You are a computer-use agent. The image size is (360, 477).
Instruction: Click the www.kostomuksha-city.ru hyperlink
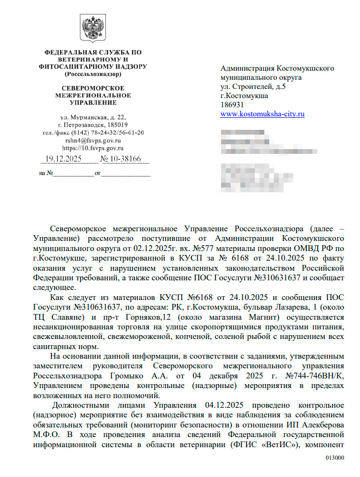262,114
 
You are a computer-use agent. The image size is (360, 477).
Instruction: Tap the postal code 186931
232,105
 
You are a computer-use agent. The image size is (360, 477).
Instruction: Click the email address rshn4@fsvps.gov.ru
93,140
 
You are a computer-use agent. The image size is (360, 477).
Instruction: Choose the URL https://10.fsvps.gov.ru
93,148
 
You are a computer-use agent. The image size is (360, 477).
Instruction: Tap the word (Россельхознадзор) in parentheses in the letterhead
93,75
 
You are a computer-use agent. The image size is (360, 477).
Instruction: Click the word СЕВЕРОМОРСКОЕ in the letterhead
93,88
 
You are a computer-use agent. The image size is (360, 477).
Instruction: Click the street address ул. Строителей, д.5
253,87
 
